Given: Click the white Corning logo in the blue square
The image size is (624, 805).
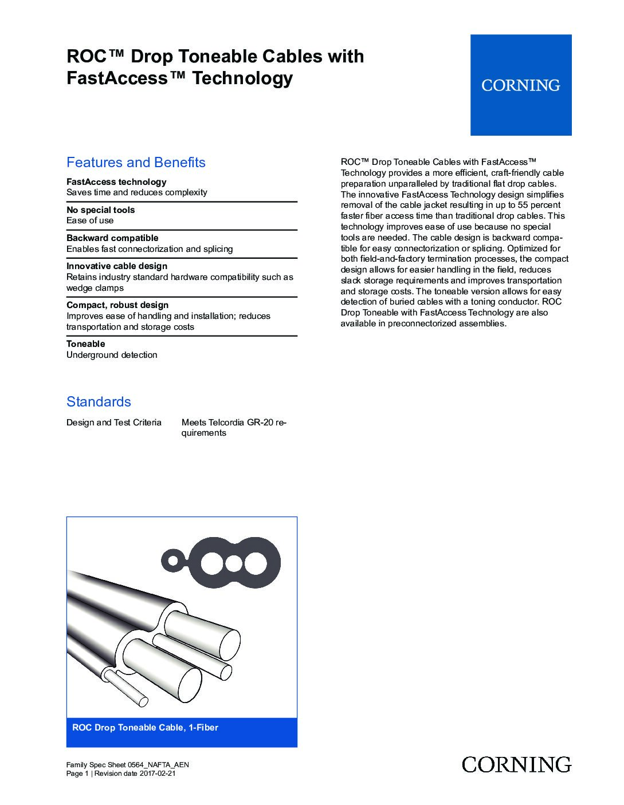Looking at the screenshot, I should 520,85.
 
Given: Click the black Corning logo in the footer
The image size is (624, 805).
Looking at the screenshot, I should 516,764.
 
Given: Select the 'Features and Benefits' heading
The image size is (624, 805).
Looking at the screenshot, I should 136,163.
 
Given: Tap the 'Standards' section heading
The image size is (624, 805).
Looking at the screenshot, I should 99,401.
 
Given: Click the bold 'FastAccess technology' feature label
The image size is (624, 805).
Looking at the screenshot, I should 116,181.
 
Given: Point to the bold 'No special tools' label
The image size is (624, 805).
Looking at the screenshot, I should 101,210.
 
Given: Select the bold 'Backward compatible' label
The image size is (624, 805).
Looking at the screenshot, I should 112,238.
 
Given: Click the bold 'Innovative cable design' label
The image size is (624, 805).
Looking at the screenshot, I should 117,266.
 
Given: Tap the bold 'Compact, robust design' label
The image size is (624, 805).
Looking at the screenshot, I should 117,305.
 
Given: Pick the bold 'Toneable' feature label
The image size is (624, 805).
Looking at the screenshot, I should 86,344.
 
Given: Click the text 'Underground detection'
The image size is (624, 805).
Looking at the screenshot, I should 112,355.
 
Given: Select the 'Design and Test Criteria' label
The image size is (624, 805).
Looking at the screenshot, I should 114,423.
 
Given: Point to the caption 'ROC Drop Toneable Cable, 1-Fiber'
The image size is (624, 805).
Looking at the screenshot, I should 145,728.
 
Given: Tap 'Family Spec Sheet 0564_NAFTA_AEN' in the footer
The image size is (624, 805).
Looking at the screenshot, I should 128,765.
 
